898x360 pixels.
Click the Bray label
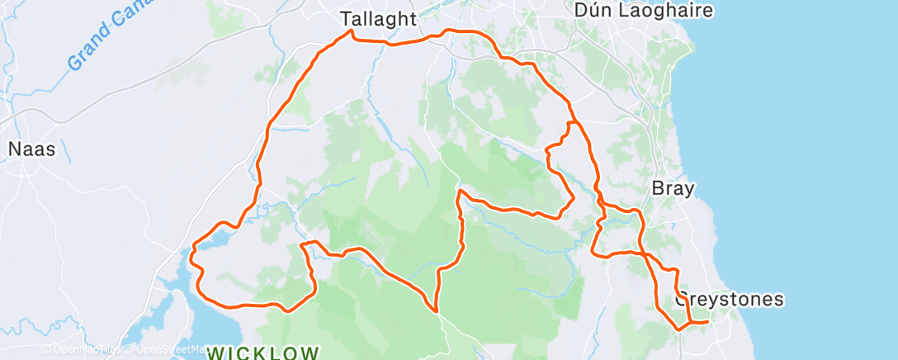coord(673,188)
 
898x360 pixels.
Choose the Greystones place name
coord(729,300)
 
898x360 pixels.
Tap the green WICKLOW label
coord(263,353)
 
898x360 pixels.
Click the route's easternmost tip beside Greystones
coord(707,321)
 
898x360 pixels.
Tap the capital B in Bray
coord(657,188)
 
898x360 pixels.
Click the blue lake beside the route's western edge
coord(213,241)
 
